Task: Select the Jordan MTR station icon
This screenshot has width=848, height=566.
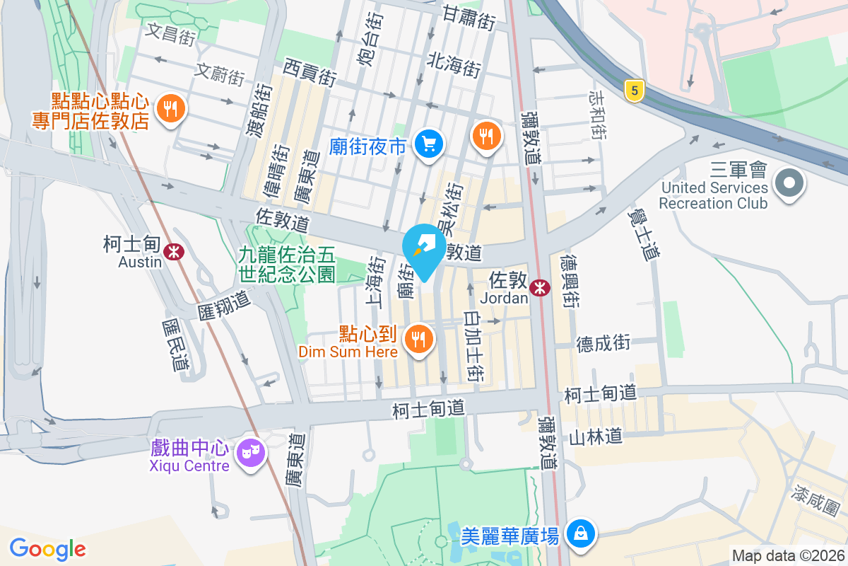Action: pos(541,287)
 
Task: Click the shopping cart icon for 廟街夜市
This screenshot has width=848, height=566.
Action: pos(428,145)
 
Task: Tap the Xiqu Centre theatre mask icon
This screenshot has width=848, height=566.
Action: pos(251,451)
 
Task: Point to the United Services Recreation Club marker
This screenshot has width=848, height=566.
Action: pos(789,184)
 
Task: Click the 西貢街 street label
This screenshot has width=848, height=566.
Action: pos(309,72)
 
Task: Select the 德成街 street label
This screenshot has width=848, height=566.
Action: pos(603,344)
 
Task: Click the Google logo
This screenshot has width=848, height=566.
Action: pos(47,549)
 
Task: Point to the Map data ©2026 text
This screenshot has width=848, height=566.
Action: pos(787,555)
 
